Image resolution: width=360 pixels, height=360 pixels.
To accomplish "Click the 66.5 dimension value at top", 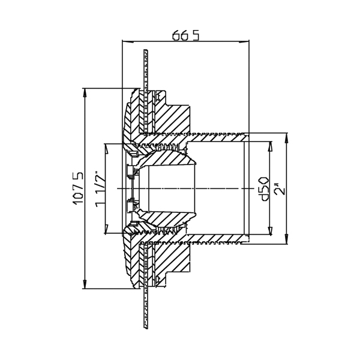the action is [x=186, y=35].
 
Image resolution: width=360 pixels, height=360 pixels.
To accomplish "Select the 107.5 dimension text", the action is [x=78, y=188].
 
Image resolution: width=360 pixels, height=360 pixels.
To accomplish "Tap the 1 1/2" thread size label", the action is [x=100, y=189].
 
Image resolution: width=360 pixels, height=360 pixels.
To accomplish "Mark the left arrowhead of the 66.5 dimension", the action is [x=128, y=41].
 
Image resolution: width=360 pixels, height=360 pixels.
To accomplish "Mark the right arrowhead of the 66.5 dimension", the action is [x=244, y=41].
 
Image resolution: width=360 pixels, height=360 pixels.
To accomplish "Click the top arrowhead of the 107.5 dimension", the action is [x=85, y=93].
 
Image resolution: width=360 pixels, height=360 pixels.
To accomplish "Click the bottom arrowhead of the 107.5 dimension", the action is [x=85, y=284].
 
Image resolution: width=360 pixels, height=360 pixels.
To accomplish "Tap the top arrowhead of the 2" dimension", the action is [x=286, y=138].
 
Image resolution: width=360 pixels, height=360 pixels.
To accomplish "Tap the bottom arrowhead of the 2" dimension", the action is [x=286, y=239].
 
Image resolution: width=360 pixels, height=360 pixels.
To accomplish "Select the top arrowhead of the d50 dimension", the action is [x=270, y=146].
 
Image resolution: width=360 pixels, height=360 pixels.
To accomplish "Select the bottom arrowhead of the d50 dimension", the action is [x=270, y=230].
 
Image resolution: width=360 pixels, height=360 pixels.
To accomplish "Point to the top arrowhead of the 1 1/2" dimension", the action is [x=106, y=149].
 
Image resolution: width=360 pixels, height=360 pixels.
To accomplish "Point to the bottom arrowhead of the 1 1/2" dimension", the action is [x=106, y=229].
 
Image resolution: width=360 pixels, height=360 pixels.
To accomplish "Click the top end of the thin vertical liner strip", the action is [x=146, y=50].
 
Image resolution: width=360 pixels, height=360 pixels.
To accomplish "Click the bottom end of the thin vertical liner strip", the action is [x=146, y=328].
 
